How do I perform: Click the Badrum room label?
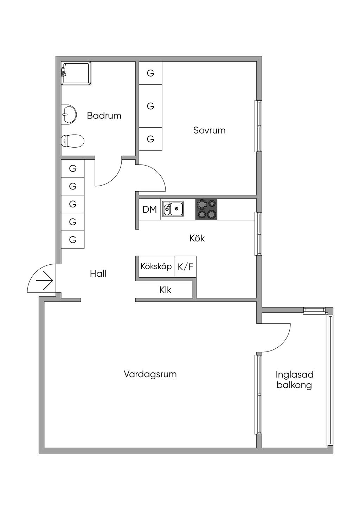[104, 116]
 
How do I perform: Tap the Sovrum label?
[209, 130]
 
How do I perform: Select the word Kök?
[197, 238]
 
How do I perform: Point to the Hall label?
[98, 274]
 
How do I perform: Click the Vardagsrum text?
[150, 374]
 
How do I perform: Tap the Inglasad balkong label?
[294, 380]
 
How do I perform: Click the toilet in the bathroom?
[72, 141]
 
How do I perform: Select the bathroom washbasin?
[69, 115]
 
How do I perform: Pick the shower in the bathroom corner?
[76, 73]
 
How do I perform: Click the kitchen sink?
[173, 209]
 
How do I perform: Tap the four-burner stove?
[206, 209]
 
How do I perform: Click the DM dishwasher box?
[149, 210]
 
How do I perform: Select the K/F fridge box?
[185, 267]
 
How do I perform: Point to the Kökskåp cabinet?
[156, 266]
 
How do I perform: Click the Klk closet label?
[165, 290]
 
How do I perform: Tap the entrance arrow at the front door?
[45, 281]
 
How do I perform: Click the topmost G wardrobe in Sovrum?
[150, 73]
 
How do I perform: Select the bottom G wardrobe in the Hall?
[73, 240]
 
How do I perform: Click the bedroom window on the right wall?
[258, 126]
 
